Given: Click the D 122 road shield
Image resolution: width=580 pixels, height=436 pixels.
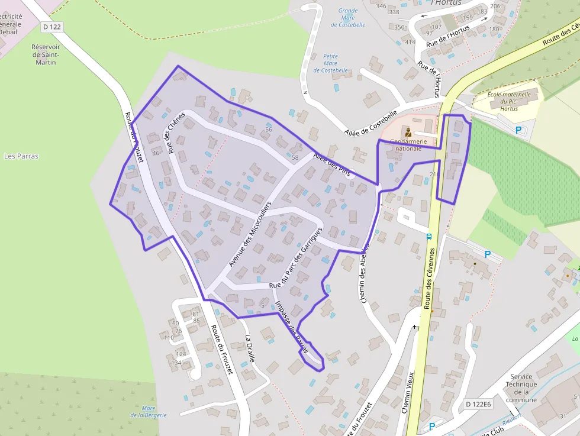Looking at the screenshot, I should coord(51,27).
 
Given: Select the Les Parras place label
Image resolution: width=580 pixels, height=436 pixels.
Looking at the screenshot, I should coord(21,156).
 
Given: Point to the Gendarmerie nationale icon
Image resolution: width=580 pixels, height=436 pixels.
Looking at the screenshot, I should coord(408,131).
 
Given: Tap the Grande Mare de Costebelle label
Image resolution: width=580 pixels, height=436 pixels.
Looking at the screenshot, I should coord(348,18).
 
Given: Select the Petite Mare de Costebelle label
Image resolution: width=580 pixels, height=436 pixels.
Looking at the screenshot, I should coord(331,63).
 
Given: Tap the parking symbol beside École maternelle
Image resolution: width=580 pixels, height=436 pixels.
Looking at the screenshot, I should coord(518,130).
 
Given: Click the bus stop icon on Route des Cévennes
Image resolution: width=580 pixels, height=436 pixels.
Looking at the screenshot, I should coord(429,236).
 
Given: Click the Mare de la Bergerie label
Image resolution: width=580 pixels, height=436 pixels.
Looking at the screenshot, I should coord(149,411).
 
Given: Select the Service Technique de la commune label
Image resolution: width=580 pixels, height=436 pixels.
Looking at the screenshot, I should coord(521,388).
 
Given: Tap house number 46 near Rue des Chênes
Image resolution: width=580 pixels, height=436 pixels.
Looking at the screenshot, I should coord(156,153).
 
